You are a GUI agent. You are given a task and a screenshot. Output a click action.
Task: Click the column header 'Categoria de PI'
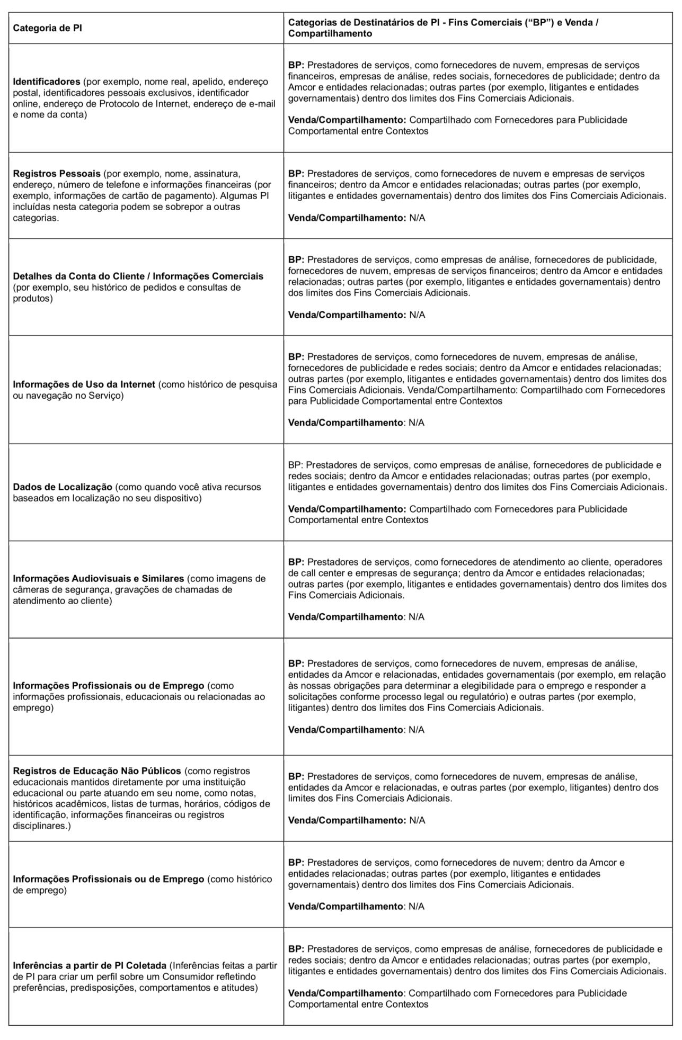[47, 28]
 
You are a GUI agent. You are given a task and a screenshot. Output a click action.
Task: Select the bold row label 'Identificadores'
[46, 82]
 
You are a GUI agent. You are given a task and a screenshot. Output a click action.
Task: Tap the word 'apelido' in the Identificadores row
[206, 82]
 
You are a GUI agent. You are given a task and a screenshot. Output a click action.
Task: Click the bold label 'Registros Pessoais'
[57, 174]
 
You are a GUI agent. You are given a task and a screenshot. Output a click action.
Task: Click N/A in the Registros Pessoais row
[417, 218]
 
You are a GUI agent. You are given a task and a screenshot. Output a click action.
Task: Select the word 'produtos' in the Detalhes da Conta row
[33, 299]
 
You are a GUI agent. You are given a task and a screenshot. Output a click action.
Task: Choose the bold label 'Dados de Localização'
[63, 487]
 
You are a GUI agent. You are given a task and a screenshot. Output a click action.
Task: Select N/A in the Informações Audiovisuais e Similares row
[417, 617]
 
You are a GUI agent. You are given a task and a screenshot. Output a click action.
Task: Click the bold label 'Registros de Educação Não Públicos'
[97, 771]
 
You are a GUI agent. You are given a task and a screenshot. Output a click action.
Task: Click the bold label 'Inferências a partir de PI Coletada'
[90, 965]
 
